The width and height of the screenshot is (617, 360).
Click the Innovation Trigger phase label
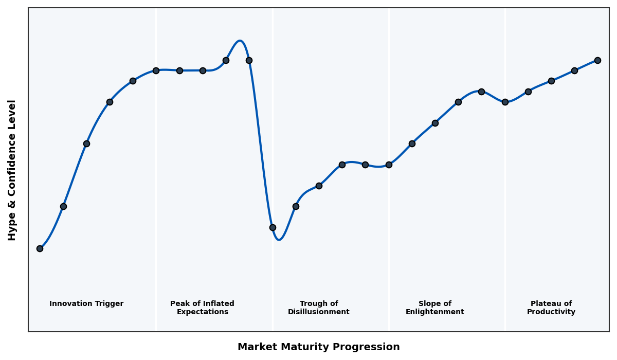86,304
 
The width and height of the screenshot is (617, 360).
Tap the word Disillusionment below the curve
318,312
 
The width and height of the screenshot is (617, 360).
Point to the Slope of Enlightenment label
434,308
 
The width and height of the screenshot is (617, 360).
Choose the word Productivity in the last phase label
551,312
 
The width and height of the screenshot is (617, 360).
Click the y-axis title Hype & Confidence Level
12,170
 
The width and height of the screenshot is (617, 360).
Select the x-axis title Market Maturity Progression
318,347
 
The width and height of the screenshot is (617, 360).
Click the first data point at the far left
40,248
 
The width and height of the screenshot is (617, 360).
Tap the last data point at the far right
597,60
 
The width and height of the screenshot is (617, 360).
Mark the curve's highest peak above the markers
240,41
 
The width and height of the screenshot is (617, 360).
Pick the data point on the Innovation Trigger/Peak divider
156,70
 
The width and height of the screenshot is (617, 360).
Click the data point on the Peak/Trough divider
273,227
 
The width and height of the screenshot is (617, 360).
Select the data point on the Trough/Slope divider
389,165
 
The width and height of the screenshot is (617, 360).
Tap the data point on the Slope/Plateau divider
505,102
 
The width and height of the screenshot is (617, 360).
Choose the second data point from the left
63,206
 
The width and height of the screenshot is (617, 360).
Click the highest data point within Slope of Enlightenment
481,92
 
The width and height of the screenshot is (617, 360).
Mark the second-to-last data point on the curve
574,70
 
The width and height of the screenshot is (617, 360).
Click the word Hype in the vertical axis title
12,229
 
